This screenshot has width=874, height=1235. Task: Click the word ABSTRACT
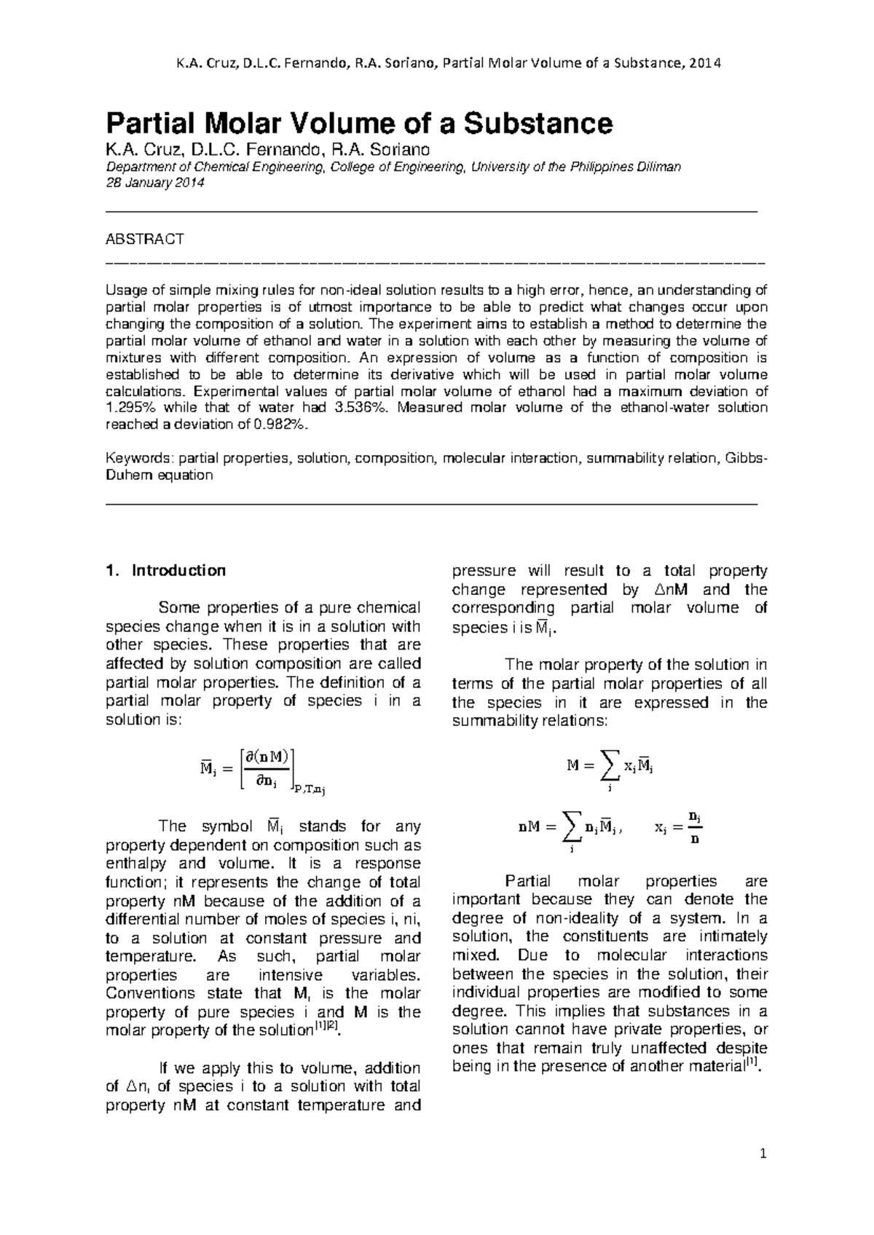click(145, 239)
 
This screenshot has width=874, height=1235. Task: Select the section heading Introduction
click(178, 570)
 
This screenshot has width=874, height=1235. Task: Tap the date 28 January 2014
click(155, 184)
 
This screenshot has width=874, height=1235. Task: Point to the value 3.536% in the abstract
click(355, 408)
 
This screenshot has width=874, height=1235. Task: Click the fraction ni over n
click(695, 826)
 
